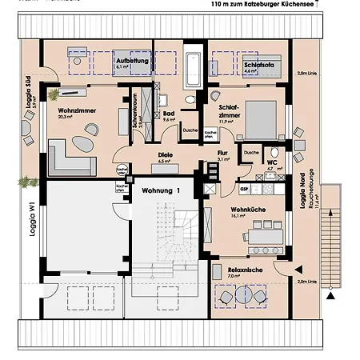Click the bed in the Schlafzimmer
pyautogui.click(x=261, y=119)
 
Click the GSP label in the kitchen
pyautogui.click(x=244, y=190)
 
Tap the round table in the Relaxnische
pyautogui.click(x=242, y=298)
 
